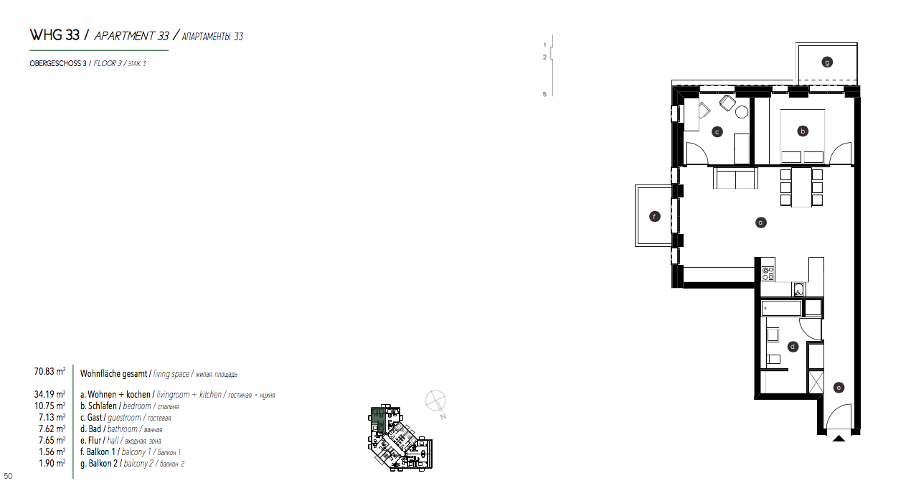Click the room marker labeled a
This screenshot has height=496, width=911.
[x=760, y=223]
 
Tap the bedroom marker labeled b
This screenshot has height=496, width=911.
[x=803, y=131]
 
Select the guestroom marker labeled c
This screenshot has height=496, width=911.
[x=717, y=132]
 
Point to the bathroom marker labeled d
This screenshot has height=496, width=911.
[x=793, y=347]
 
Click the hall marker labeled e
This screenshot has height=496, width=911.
[x=839, y=388]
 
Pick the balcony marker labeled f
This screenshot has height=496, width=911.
[x=654, y=217]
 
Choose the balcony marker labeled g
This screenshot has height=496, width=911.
[x=827, y=62]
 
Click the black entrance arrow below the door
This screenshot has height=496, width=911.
[x=839, y=439]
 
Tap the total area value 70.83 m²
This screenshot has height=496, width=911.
[x=49, y=371]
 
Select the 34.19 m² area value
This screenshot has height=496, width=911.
[x=49, y=394]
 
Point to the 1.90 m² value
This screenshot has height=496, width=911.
[x=52, y=463]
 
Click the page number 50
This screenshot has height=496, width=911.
[x=8, y=476]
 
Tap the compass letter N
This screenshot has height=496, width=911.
[x=443, y=416]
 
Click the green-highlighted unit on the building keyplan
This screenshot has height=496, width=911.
[x=378, y=420]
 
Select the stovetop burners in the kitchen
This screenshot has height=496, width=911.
[x=768, y=273]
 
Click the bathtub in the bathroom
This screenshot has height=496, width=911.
[x=781, y=308]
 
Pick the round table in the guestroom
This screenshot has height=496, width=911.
[x=742, y=112]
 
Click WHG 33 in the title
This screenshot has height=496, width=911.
[x=55, y=35]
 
